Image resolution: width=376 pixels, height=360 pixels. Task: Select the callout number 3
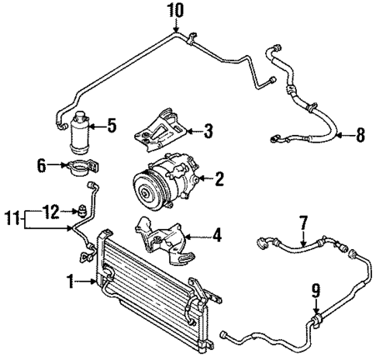[207, 130]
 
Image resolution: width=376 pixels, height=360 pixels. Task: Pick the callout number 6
[42, 164]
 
